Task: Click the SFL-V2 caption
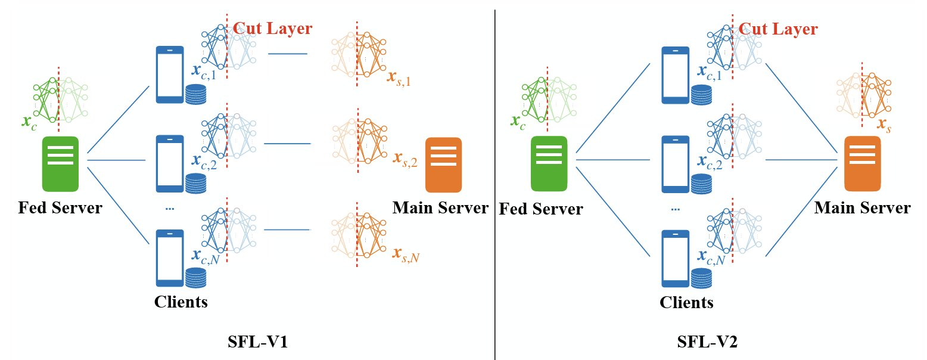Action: click(707, 342)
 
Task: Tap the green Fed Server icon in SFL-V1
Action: click(61, 164)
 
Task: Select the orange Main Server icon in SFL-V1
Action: click(444, 165)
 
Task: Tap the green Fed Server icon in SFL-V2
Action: click(549, 164)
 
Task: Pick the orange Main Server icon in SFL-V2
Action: click(862, 164)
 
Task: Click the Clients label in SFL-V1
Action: click(181, 302)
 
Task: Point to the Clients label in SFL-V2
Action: click(686, 302)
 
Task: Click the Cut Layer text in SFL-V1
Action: click(272, 28)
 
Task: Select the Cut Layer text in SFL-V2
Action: click(778, 28)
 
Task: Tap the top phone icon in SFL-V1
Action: click(170, 75)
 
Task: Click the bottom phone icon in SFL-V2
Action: click(676, 257)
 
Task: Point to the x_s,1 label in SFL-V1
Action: click(399, 77)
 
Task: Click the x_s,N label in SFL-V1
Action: click(406, 255)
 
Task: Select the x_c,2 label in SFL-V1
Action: click(203, 161)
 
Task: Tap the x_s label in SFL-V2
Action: click(885, 125)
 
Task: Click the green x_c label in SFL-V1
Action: click(28, 123)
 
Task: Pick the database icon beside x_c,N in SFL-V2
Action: click(702, 278)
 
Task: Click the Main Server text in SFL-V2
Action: click(862, 207)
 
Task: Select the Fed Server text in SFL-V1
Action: click(60, 208)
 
